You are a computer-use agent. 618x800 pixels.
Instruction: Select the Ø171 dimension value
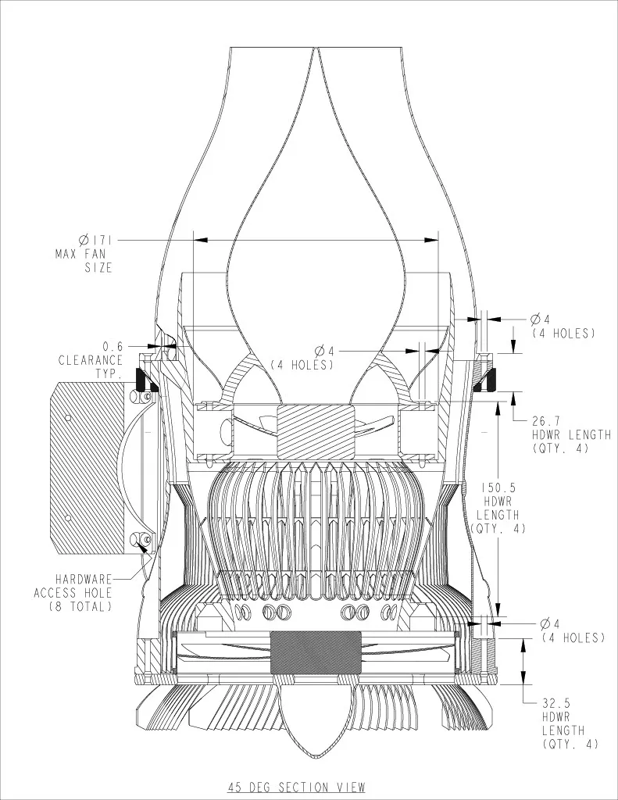(95, 239)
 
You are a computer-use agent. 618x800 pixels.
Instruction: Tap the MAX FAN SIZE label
(84, 261)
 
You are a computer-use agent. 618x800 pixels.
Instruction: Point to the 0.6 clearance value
(113, 346)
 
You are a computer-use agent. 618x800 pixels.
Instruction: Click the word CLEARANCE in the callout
(91, 360)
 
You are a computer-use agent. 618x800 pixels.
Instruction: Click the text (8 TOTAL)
(80, 606)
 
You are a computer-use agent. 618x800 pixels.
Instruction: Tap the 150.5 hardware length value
(498, 488)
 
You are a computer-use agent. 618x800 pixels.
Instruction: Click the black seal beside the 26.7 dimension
(488, 380)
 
